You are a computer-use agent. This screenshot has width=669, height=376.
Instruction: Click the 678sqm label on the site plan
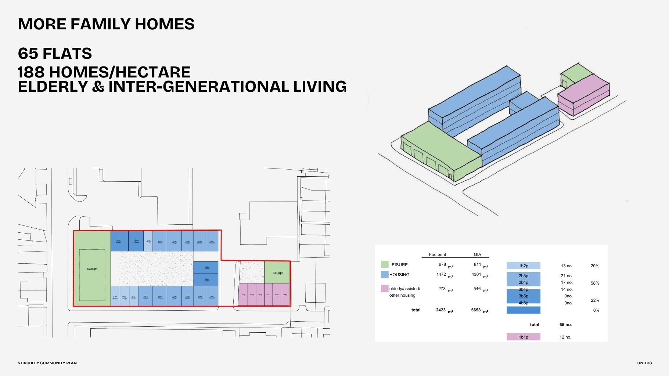[92, 269]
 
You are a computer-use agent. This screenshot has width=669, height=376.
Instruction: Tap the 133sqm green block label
[278, 273]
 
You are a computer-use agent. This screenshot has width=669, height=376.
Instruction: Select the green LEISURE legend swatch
[385, 264]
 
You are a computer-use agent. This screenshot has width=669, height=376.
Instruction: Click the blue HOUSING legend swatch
[385, 274]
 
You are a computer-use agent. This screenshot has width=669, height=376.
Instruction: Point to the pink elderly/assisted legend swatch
[385, 289]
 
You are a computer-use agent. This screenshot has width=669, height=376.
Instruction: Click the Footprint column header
[437, 254]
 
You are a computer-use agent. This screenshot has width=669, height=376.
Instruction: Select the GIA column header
[477, 254]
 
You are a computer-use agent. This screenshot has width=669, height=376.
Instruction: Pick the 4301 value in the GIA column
[476, 274]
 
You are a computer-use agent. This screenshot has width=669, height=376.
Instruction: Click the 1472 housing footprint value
[441, 274]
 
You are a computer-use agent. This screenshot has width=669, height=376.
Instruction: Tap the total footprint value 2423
[441, 310]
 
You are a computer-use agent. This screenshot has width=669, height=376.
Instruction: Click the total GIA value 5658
[476, 310]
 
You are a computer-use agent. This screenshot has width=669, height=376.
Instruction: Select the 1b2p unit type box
[524, 266]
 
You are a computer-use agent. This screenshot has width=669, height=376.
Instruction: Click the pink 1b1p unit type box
[524, 337]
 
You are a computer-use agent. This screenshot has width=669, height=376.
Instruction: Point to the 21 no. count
[567, 276]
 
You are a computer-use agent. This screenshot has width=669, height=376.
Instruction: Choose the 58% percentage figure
[595, 283]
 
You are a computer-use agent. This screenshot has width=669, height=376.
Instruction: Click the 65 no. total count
[565, 325]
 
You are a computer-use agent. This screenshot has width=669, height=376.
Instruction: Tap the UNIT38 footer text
[644, 363]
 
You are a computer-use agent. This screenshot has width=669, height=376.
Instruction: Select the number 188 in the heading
[31, 72]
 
